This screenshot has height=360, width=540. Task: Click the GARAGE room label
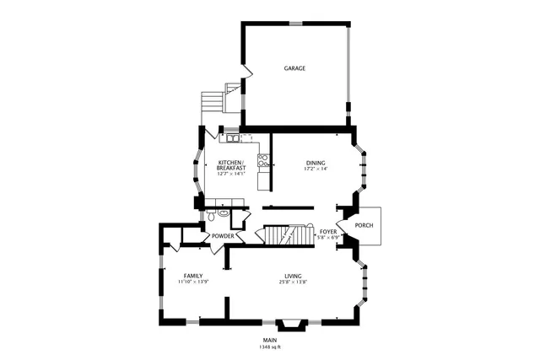coord(294,68)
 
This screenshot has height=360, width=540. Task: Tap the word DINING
coord(316,163)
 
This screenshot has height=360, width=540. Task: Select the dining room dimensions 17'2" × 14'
coord(316,169)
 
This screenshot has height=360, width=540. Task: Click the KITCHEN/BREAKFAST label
coord(231,164)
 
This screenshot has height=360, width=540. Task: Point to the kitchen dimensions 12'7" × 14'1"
coord(231,175)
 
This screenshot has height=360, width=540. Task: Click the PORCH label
coord(364,225)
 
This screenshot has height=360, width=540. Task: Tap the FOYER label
coord(328,231)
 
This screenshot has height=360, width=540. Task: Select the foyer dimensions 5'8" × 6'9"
coord(327,238)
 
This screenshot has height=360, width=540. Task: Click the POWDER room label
coord(223,236)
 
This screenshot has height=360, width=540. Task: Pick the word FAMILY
coord(193,276)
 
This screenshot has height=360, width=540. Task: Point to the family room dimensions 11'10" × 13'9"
coord(193,282)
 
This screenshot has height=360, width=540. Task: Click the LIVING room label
coord(293,276)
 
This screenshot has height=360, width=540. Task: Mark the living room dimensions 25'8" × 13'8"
coord(293,282)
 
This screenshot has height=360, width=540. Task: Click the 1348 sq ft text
coord(270,347)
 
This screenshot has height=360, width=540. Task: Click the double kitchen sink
coord(230,136)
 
